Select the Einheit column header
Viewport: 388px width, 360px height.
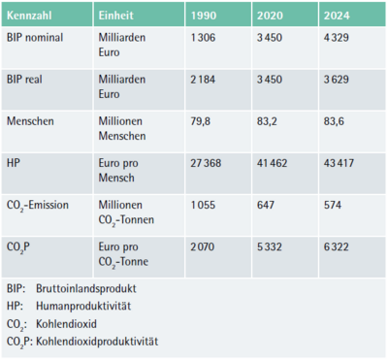115,18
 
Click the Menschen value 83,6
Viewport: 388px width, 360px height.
333,122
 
